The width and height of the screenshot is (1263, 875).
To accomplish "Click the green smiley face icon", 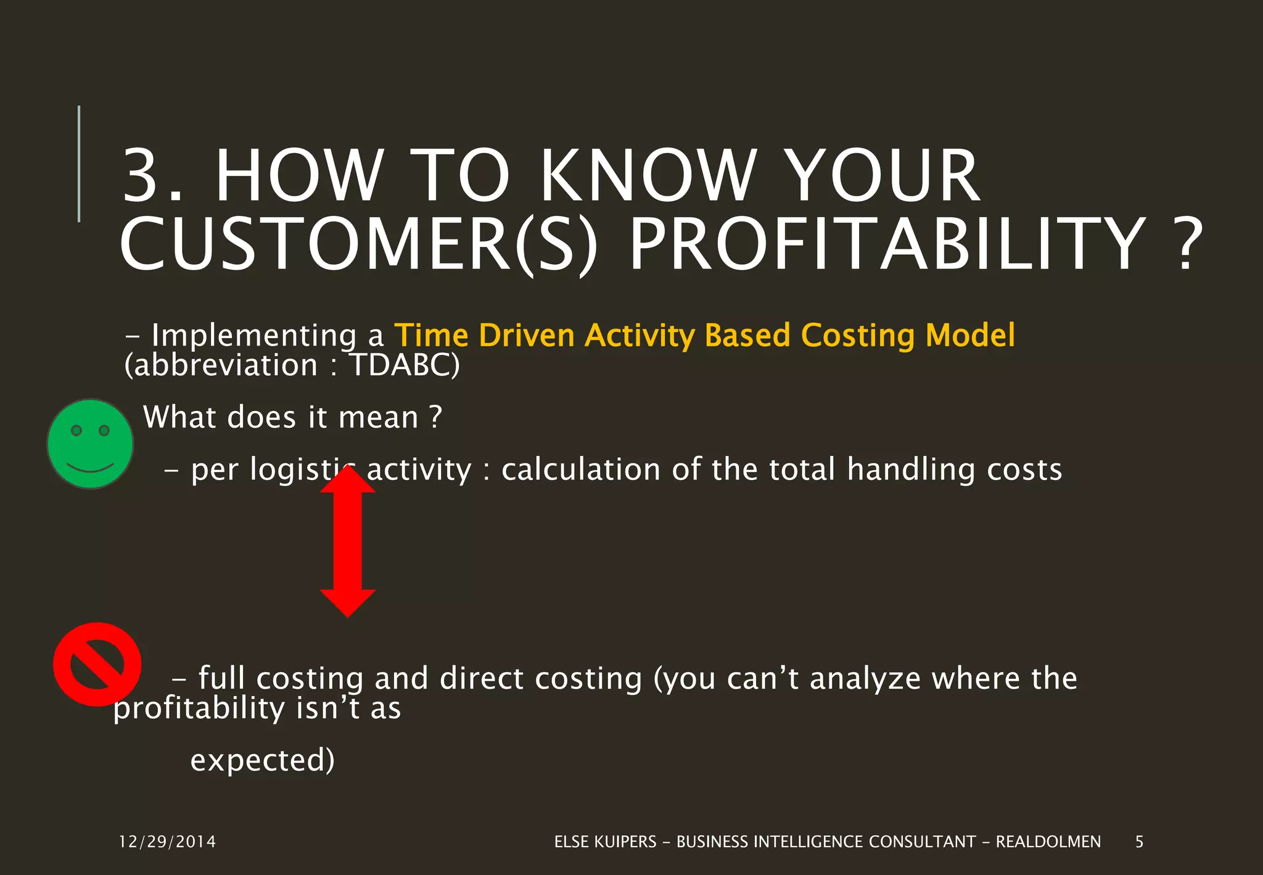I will click(x=90, y=444).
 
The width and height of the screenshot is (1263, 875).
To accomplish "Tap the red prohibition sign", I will click(x=97, y=664).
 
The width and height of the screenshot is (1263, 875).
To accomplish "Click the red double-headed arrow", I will click(x=347, y=542).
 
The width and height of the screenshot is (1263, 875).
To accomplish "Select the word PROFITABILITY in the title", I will click(x=887, y=245).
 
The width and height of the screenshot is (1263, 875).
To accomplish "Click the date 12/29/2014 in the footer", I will click(x=167, y=842).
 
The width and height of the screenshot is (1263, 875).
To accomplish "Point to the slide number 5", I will click(x=1139, y=842).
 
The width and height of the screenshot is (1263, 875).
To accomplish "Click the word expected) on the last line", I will click(x=262, y=760).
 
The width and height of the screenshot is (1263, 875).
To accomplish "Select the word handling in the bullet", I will click(x=911, y=470).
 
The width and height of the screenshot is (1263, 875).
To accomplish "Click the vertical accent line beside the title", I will click(x=79, y=164).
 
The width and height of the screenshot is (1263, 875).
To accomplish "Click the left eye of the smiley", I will click(x=76, y=430).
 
